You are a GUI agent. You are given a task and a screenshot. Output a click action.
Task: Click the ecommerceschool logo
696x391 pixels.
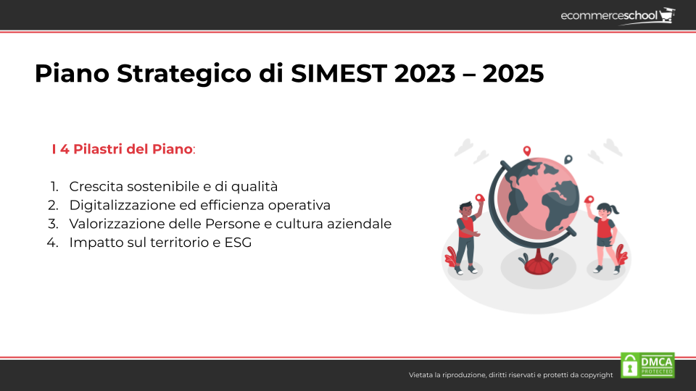pos(618,16)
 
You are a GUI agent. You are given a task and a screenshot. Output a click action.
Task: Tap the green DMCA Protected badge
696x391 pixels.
pos(647,365)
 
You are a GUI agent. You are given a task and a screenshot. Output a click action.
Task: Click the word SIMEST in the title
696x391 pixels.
pos(339,74)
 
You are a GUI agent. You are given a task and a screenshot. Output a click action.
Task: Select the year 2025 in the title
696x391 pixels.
pos(513,74)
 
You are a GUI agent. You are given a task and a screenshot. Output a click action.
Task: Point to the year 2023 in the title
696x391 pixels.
pos(425,74)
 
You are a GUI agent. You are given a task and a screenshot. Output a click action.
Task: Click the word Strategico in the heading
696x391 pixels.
pos(184,74)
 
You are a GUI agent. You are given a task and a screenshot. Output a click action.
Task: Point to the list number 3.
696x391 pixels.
pos(53,224)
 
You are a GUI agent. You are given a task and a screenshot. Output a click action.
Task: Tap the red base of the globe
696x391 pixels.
pos(539,265)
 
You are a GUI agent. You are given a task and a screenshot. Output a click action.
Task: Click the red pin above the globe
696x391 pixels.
pos(527,151)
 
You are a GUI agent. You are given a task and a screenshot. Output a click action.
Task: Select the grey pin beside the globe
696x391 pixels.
pos(568,159)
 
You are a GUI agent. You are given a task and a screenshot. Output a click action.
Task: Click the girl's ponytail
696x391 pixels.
pos(615,209)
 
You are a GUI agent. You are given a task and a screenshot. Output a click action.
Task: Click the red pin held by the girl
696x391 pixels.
pos(589,200)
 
